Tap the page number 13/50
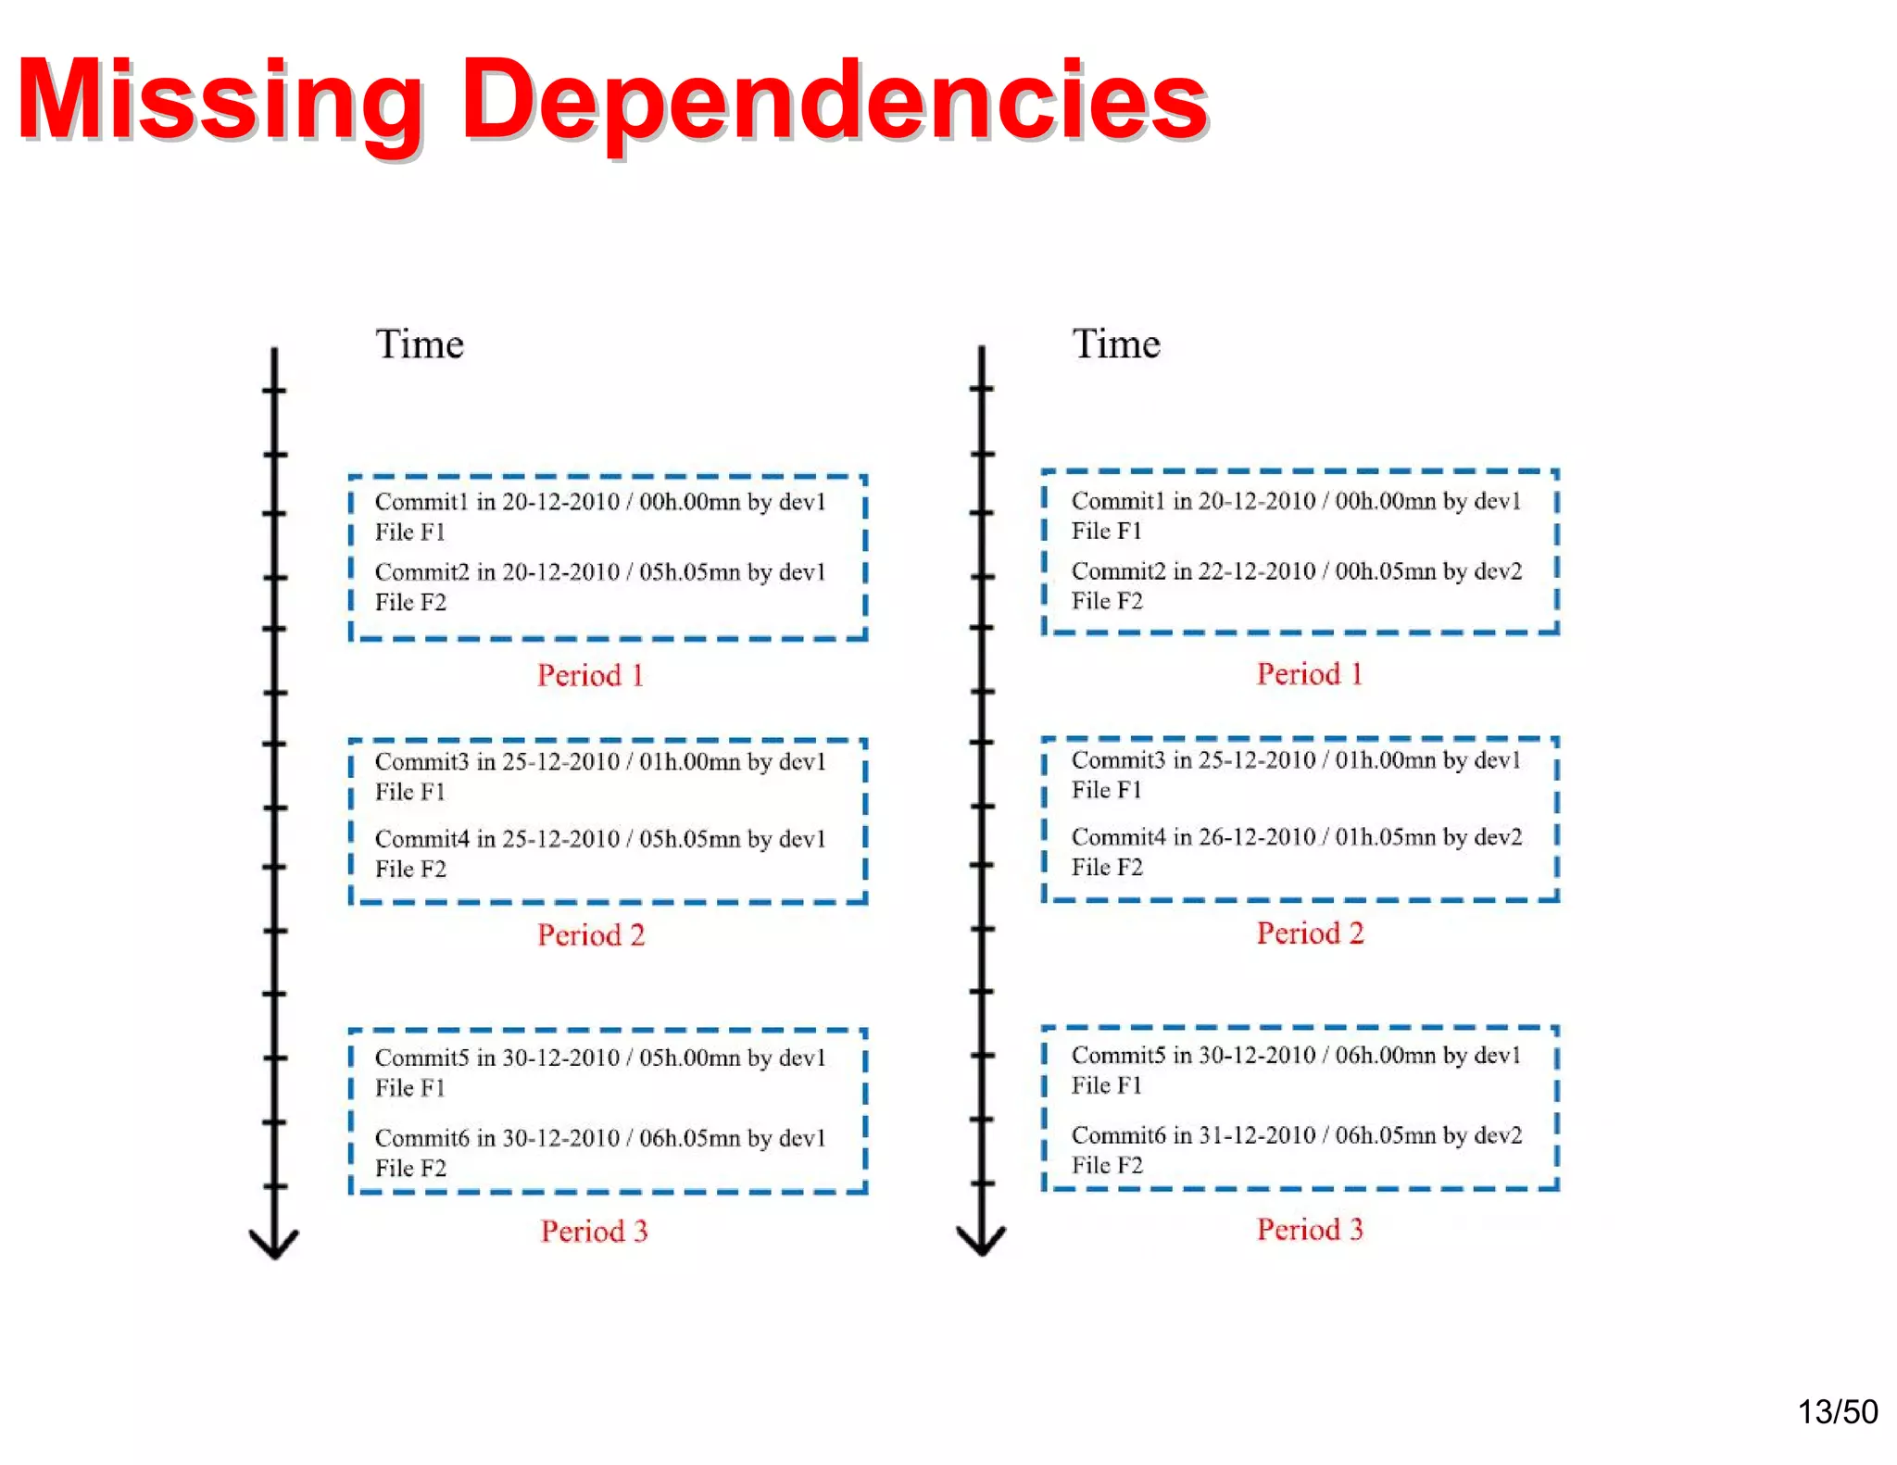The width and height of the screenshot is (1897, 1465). (1837, 1411)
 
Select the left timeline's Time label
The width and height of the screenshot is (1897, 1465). (420, 344)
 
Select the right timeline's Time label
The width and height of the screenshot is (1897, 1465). (1116, 344)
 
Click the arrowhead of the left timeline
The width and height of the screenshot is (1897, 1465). (274, 1245)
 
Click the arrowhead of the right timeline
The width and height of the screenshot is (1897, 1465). (981, 1242)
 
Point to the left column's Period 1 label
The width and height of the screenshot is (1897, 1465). (591, 675)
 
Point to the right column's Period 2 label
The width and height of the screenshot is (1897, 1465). (1310, 933)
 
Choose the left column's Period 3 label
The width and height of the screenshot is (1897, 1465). (594, 1231)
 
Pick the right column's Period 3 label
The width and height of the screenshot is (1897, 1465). (1310, 1230)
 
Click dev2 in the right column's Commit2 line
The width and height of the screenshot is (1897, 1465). (1498, 571)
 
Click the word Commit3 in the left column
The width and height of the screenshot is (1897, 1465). (421, 762)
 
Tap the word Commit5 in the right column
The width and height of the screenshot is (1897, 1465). (1118, 1056)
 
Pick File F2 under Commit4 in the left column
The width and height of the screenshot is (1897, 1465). (410, 870)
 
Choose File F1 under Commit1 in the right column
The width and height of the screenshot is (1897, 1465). (1106, 532)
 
